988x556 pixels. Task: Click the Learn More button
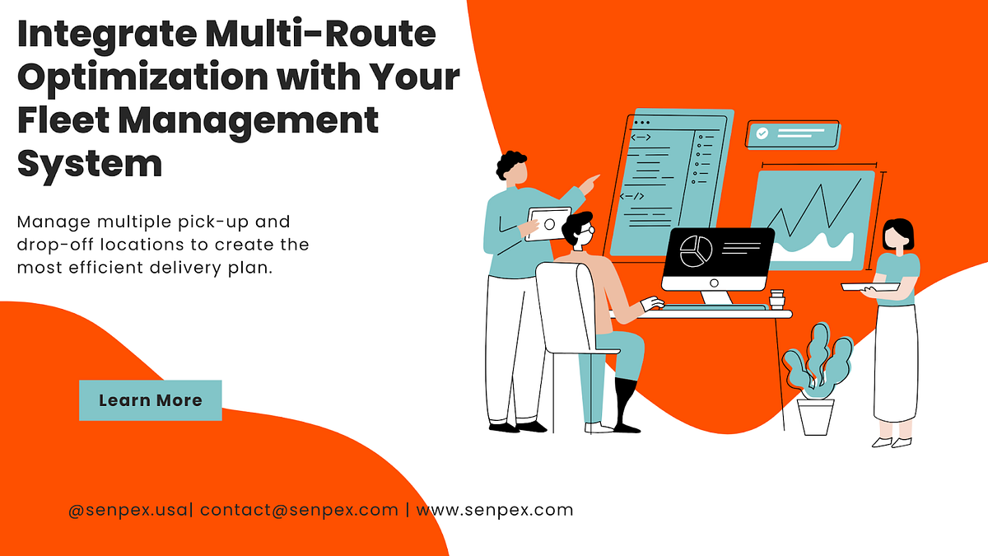[x=151, y=400]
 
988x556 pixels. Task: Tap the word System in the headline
[x=90, y=163]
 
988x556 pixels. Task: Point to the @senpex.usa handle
[x=128, y=510]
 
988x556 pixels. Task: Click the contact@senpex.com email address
[x=299, y=510]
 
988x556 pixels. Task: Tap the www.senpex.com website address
[x=494, y=510]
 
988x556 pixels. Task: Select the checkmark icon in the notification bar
[x=762, y=133]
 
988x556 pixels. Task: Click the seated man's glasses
[x=586, y=233]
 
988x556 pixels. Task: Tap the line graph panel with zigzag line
[x=814, y=218]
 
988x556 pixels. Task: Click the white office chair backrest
[x=567, y=305]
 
